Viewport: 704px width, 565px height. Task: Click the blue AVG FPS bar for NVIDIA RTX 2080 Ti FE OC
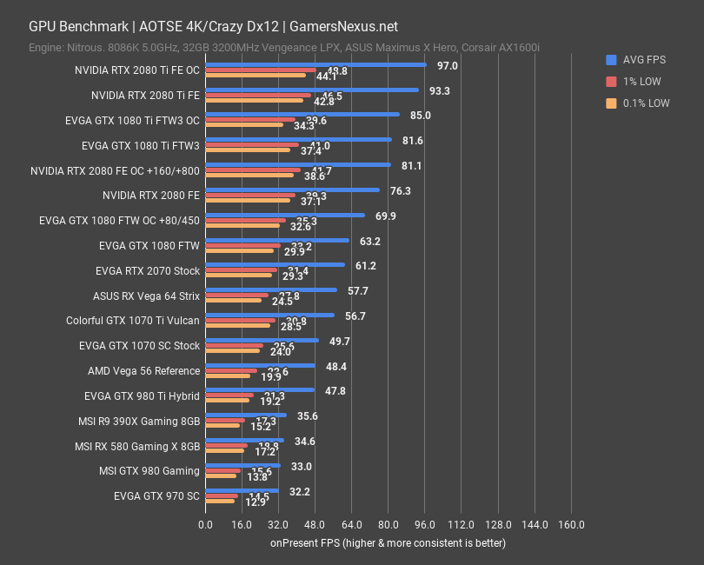315,64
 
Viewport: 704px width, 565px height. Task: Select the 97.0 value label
448,65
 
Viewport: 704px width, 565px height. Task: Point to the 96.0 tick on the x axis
424,525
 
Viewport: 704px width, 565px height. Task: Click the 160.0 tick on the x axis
570,525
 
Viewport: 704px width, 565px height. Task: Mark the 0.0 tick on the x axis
205,525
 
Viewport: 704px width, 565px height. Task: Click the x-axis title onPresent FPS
387,542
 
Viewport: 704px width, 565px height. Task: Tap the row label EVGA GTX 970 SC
156,496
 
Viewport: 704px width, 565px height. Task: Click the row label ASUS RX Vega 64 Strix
146,296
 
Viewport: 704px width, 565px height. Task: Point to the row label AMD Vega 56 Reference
143,371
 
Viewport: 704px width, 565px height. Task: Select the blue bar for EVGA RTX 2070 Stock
275,265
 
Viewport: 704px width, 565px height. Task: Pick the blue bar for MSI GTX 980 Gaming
242,465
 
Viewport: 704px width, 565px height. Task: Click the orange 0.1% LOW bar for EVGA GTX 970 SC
220,502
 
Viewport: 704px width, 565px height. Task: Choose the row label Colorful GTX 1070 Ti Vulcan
133,321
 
